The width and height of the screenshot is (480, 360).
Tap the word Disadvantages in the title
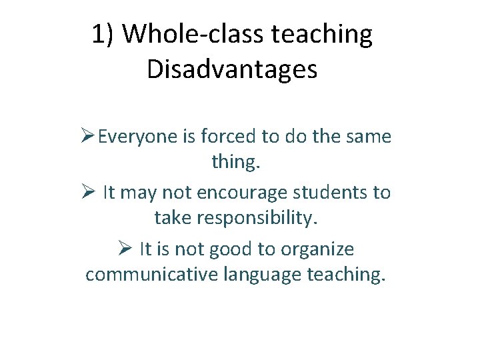[x=231, y=69]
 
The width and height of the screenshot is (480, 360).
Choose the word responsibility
[x=263, y=218]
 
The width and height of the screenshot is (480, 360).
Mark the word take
[x=173, y=218]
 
